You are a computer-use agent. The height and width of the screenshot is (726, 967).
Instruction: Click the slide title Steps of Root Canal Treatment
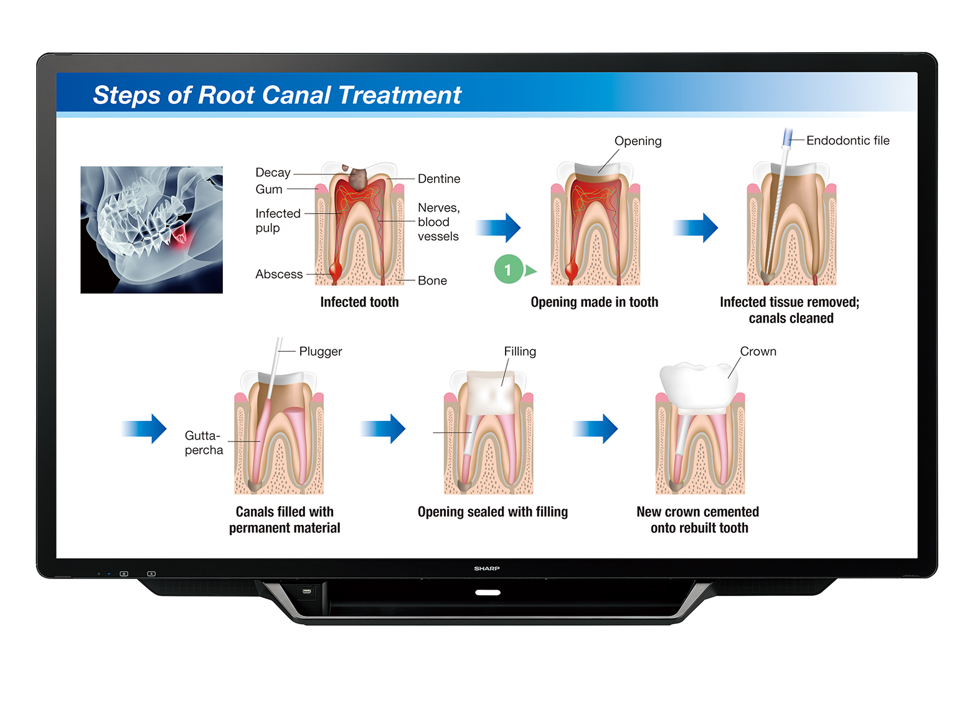point(276,95)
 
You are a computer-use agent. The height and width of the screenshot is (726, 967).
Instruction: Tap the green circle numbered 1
point(508,270)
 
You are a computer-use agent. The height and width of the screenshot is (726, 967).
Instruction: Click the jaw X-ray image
point(151,230)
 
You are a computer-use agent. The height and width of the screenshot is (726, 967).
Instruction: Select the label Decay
point(273,172)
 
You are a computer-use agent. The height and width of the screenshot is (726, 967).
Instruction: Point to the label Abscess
point(279,274)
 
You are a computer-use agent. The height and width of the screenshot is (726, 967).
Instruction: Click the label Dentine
point(439,179)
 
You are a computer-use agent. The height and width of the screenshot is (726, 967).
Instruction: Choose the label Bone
point(432,281)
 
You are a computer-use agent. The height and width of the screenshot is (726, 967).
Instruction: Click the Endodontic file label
point(847,141)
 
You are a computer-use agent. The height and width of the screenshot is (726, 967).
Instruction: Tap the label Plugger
point(320,351)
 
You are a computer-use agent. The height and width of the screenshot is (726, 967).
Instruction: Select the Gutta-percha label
point(204,443)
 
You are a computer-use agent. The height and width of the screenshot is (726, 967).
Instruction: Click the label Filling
point(520,351)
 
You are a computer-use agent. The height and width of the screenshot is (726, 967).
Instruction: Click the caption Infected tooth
point(359,302)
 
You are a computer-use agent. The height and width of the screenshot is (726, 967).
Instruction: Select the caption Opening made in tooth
point(594,302)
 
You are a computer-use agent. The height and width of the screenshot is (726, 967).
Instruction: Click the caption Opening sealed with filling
point(493,512)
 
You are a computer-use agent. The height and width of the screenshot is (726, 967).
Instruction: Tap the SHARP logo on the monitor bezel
point(487,568)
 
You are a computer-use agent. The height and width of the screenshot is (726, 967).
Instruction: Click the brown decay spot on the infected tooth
point(358,178)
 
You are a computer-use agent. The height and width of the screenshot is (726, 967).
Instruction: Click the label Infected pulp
point(277,220)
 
